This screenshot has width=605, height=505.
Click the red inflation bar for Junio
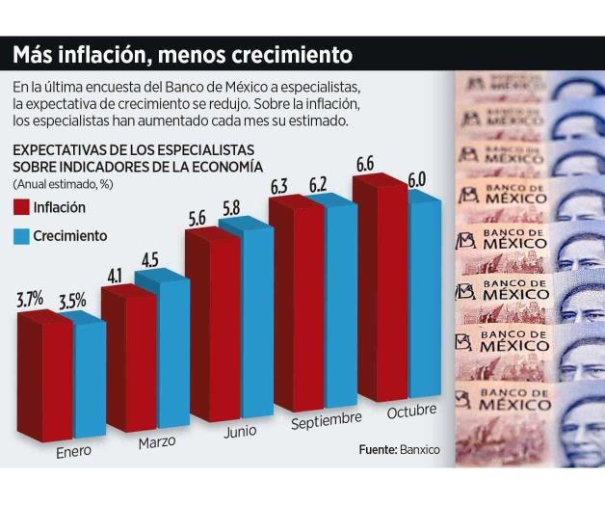pos(210,328)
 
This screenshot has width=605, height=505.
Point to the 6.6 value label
pos(366,165)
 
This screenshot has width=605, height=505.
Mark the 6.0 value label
pos(416,179)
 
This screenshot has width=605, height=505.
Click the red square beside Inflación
pos(21,207)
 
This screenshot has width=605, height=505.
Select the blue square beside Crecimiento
pos(21,235)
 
